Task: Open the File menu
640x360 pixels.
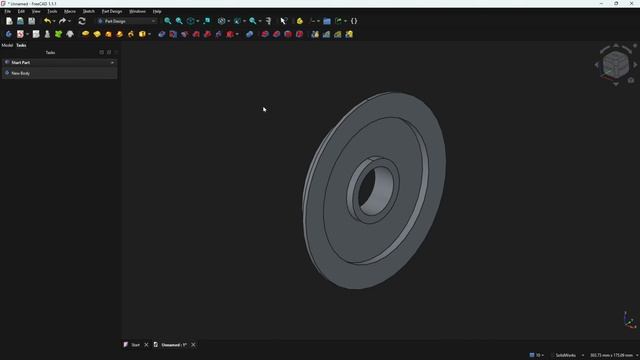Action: tap(8, 11)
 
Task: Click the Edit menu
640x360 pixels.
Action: tap(21, 11)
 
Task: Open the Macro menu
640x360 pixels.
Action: tap(70, 11)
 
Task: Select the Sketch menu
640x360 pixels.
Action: tap(89, 11)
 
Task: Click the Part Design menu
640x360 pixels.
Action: tap(112, 11)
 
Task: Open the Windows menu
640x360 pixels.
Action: tap(138, 11)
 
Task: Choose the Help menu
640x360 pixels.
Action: tap(157, 11)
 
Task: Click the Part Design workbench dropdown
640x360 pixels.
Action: tap(126, 21)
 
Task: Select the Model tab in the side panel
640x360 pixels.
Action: tap(7, 45)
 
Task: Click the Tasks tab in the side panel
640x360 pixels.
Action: tap(21, 45)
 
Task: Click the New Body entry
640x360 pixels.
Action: tap(20, 73)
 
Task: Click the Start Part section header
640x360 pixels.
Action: tap(22, 62)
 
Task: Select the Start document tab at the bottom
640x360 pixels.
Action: tap(133, 345)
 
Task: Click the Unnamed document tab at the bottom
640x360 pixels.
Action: tap(172, 345)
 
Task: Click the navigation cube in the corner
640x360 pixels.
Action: tap(616, 65)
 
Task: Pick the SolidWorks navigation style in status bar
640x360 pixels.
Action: tap(565, 355)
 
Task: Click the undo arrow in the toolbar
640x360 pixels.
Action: tap(46, 21)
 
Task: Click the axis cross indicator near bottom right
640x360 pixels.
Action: tap(628, 321)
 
